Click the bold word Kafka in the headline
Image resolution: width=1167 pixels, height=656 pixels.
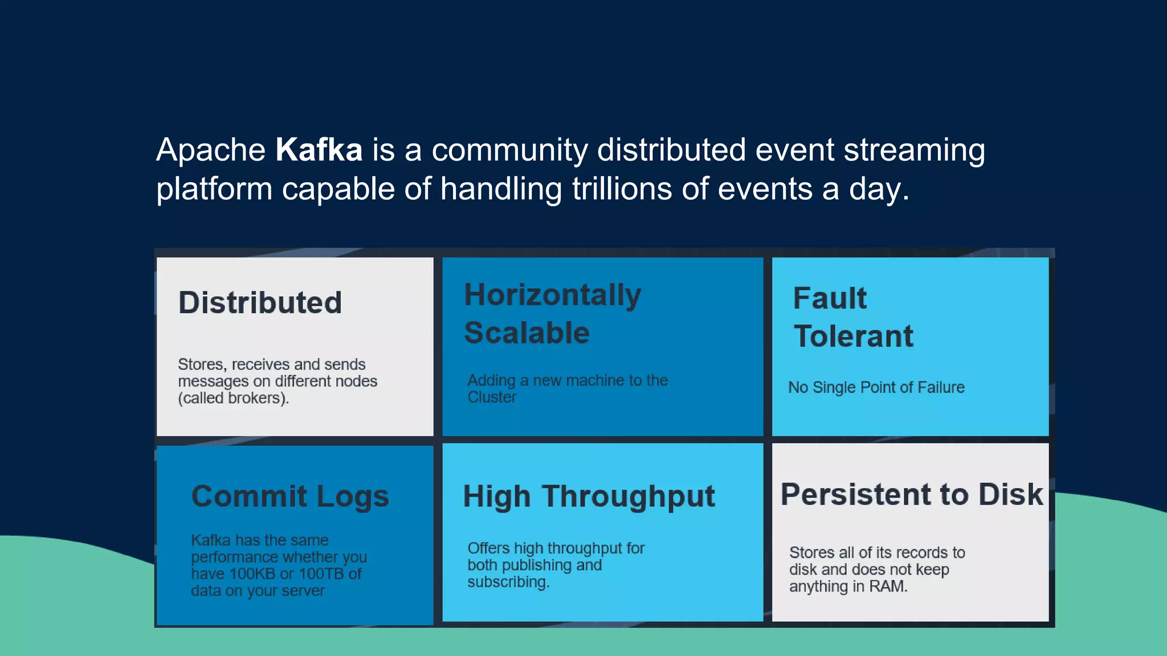pos(319,150)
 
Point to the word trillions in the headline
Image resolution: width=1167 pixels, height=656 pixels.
pos(622,189)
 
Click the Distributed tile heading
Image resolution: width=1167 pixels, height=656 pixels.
pos(260,303)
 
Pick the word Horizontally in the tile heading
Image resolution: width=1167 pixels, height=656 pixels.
pos(552,296)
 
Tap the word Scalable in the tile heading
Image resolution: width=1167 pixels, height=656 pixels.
pos(527,333)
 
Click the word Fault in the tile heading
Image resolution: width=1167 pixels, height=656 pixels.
pos(830,298)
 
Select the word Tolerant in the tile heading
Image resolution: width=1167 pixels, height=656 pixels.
pos(853,337)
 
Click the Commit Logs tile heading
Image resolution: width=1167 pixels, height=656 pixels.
pos(290,497)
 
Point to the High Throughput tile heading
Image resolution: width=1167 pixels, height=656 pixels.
pos(588,497)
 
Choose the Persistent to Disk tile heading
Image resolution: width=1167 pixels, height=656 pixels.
pos(911,495)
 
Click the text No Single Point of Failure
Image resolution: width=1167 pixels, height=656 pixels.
pos(876,388)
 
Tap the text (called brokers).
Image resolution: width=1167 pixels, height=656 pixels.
pos(234,399)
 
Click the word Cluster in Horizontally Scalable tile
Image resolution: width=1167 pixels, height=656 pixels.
pos(492,397)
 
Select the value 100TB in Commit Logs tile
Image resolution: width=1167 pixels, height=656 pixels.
pos(322,574)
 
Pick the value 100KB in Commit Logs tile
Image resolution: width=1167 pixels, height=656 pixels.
pos(252,574)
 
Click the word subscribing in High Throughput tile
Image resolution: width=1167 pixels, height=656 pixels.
pos(507,583)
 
